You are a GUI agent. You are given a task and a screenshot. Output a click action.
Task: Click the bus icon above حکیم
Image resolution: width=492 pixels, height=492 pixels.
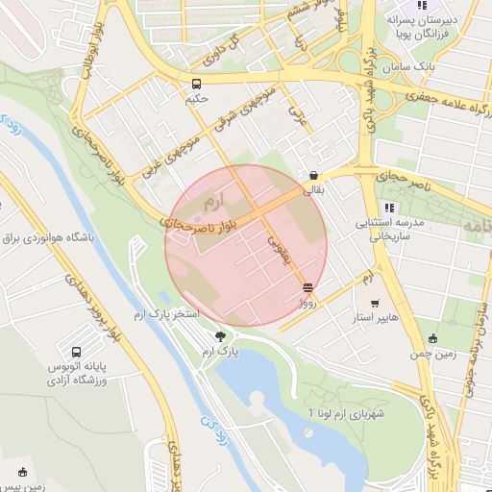197,84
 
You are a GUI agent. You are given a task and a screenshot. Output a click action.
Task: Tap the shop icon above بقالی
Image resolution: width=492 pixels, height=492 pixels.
314,176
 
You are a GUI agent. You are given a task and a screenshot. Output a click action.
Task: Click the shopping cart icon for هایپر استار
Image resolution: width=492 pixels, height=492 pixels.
387,302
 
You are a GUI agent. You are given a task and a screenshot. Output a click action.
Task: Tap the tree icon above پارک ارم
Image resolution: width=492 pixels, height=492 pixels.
222,335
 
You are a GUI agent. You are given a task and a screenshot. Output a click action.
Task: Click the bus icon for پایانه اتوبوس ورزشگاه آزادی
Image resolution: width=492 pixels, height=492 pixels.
76,352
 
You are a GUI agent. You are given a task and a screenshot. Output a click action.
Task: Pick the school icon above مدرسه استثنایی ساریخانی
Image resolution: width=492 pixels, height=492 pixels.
387,208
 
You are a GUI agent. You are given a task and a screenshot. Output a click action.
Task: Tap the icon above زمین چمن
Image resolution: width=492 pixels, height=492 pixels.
432,337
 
